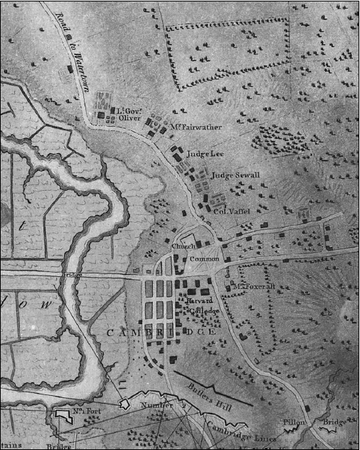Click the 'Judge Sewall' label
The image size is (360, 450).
click(236, 175)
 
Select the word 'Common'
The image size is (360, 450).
click(204, 260)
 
